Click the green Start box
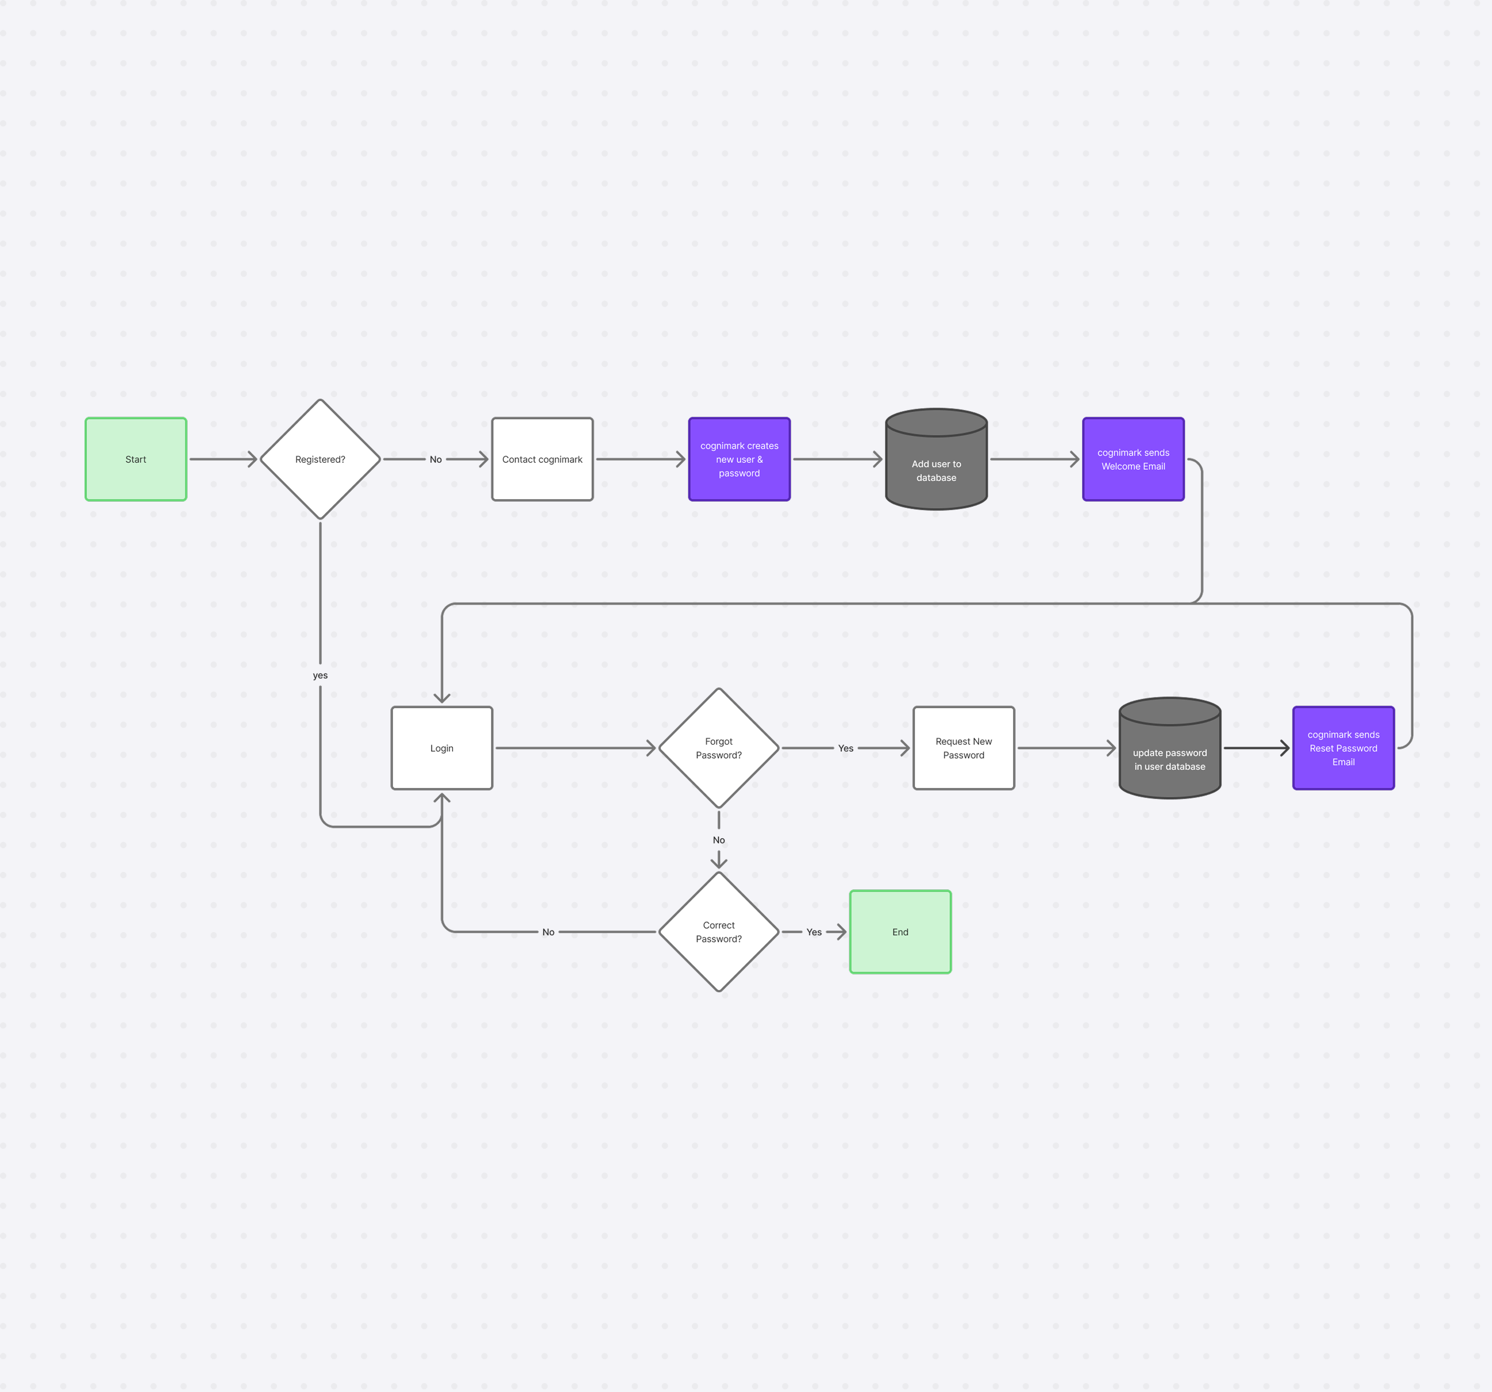(136, 459)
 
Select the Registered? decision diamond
(320, 459)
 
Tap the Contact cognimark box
(542, 459)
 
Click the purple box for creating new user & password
(739, 459)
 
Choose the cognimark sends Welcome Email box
(1133, 459)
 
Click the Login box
(441, 748)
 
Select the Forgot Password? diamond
(718, 748)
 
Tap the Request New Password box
(964, 748)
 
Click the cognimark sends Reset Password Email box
(1343, 748)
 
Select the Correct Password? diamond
(718, 932)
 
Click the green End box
(900, 932)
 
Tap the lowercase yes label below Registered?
(320, 675)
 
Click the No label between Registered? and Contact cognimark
(435, 459)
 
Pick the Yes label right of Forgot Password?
(845, 748)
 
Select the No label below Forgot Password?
(718, 840)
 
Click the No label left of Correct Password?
(548, 932)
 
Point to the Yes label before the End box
(814, 932)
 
